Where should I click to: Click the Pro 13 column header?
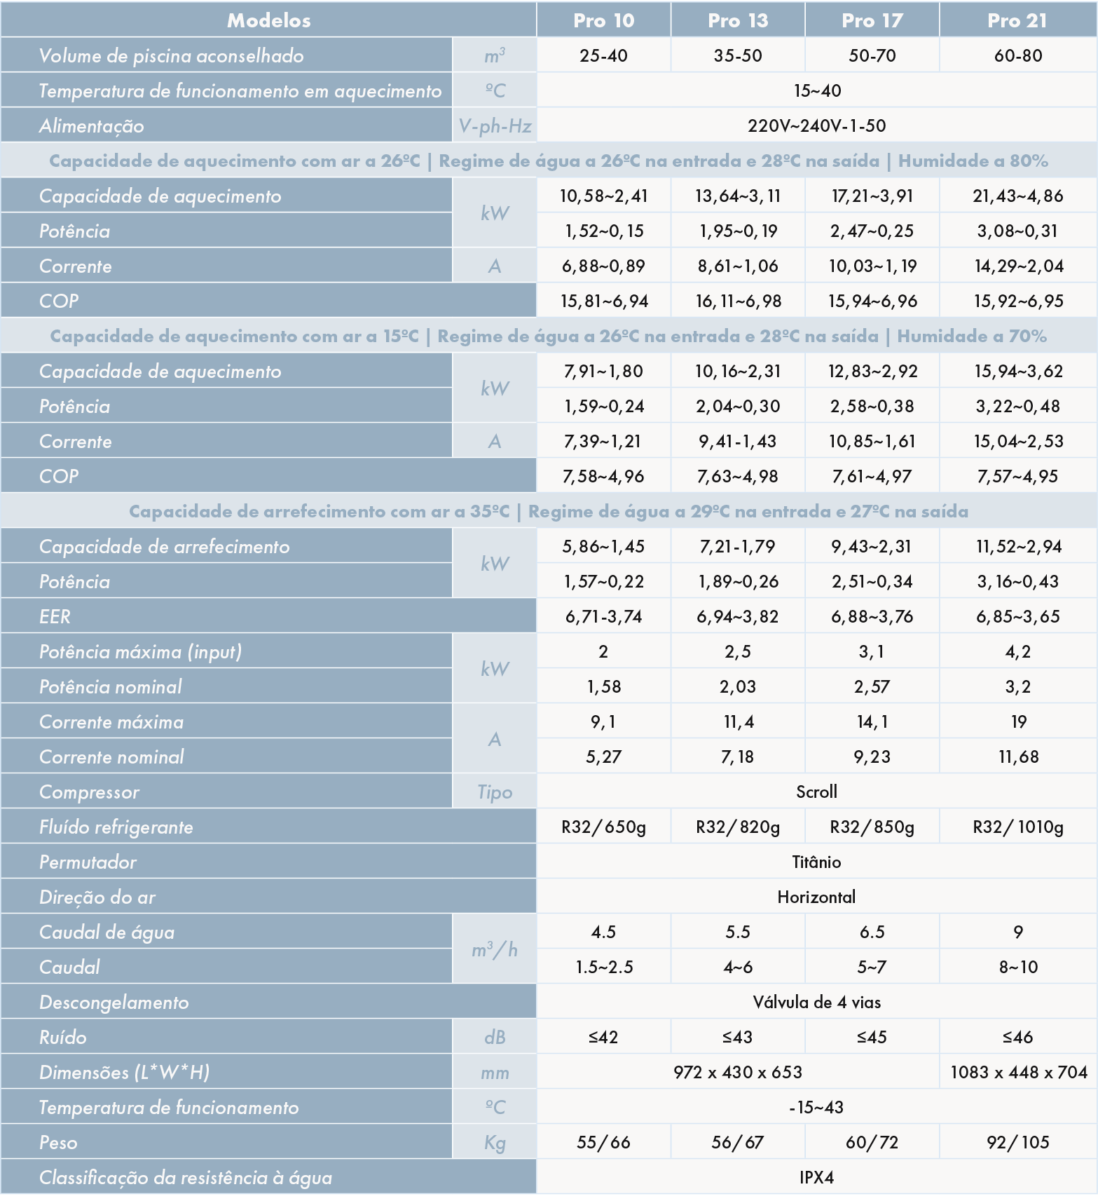coord(737,20)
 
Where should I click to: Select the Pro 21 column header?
coord(1017,20)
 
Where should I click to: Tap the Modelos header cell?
coord(268,20)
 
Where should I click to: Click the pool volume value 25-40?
coord(603,55)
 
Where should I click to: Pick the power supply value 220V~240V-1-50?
coord(816,125)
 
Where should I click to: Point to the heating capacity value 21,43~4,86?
coord(1017,196)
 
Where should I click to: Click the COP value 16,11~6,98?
coord(737,301)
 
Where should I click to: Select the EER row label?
coord(55,616)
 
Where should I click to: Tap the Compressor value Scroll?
coord(816,792)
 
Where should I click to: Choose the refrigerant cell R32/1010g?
coord(1017,827)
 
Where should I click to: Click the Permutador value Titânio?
coord(816,862)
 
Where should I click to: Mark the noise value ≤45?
coord(872,1037)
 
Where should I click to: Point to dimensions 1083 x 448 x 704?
coord(1018,1072)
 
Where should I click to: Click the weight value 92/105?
coord(1017,1142)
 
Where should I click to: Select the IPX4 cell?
coord(816,1177)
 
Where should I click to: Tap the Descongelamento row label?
coord(114,1002)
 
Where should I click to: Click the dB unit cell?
coord(495,1037)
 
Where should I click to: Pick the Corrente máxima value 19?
coord(1018,721)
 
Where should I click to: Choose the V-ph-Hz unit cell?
coord(495,125)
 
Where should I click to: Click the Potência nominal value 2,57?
coord(872,686)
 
